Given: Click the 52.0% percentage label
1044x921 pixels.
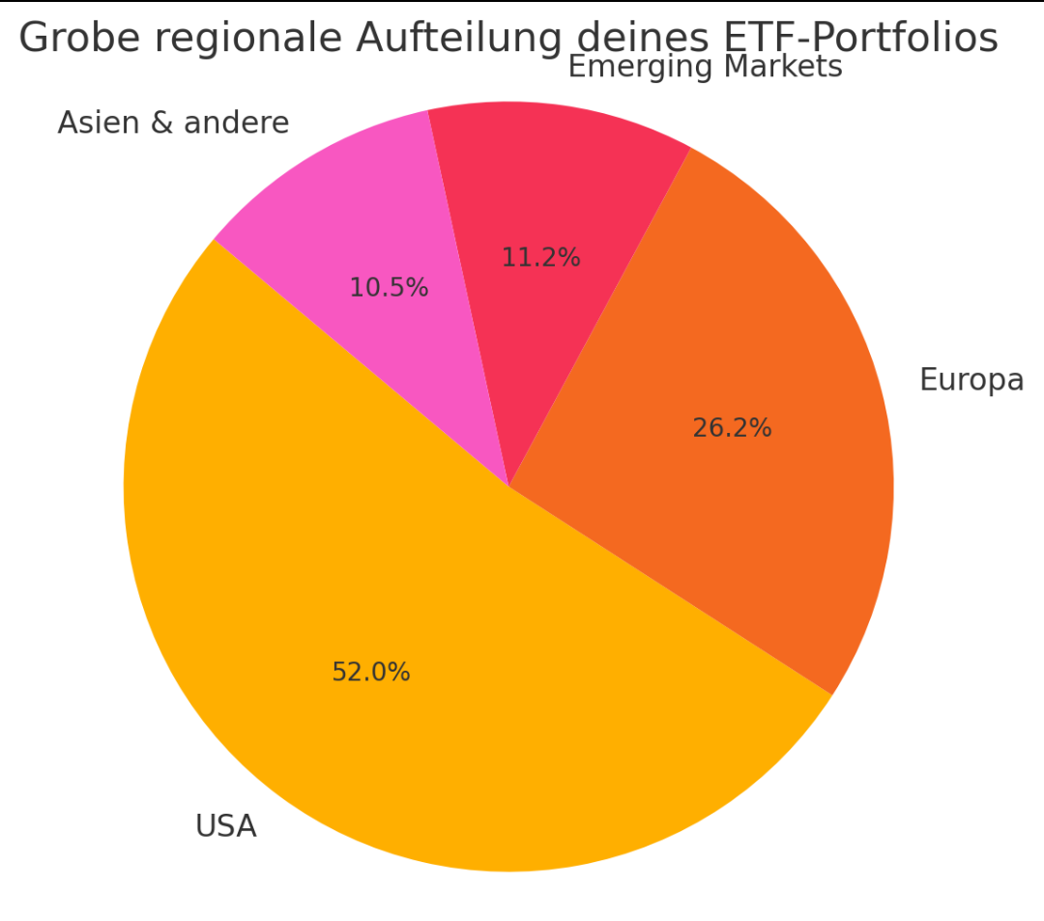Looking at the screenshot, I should [x=371, y=673].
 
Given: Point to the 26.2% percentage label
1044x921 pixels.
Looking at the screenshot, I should [x=732, y=428].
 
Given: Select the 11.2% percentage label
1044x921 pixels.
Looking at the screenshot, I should [x=540, y=258].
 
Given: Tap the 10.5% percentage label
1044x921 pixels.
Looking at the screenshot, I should [x=389, y=288].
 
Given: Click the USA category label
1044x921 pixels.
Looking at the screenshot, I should [x=225, y=827].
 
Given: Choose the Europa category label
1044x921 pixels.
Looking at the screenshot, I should [x=971, y=381].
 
